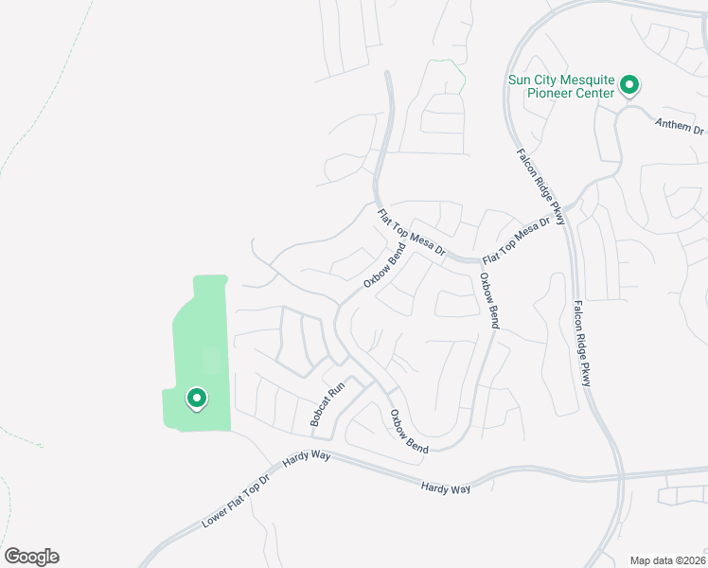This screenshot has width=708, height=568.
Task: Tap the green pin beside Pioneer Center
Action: [x=628, y=87]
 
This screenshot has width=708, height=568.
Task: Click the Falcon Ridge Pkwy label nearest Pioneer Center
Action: [x=540, y=187]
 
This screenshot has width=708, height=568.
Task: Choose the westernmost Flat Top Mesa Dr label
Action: [x=411, y=233]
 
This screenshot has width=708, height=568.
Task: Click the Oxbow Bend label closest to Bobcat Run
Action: [x=409, y=430]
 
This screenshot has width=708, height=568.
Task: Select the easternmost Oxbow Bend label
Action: [x=488, y=300]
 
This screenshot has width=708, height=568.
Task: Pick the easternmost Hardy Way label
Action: [x=445, y=486]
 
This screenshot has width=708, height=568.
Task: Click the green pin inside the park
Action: [x=197, y=399]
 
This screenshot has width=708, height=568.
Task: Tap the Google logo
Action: [x=31, y=557]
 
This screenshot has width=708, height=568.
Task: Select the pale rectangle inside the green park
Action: [x=211, y=361]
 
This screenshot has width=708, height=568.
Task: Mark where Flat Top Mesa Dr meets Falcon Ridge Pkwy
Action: [x=566, y=214]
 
